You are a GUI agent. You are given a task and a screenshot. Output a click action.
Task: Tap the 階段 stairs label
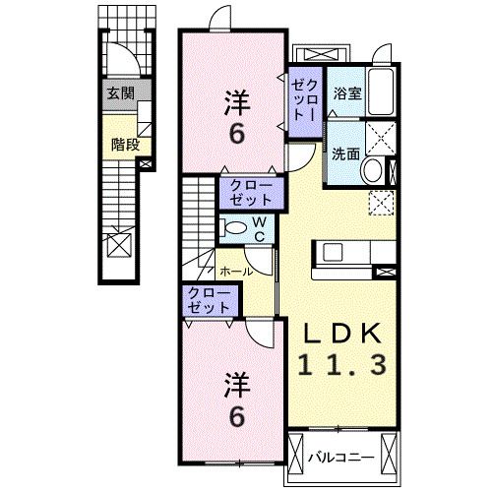pyautogui.click(x=125, y=144)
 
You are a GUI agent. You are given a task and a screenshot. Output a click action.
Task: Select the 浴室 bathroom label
pyautogui.click(x=345, y=95)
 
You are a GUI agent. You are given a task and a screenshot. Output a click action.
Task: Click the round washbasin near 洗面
pyautogui.click(x=373, y=171)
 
